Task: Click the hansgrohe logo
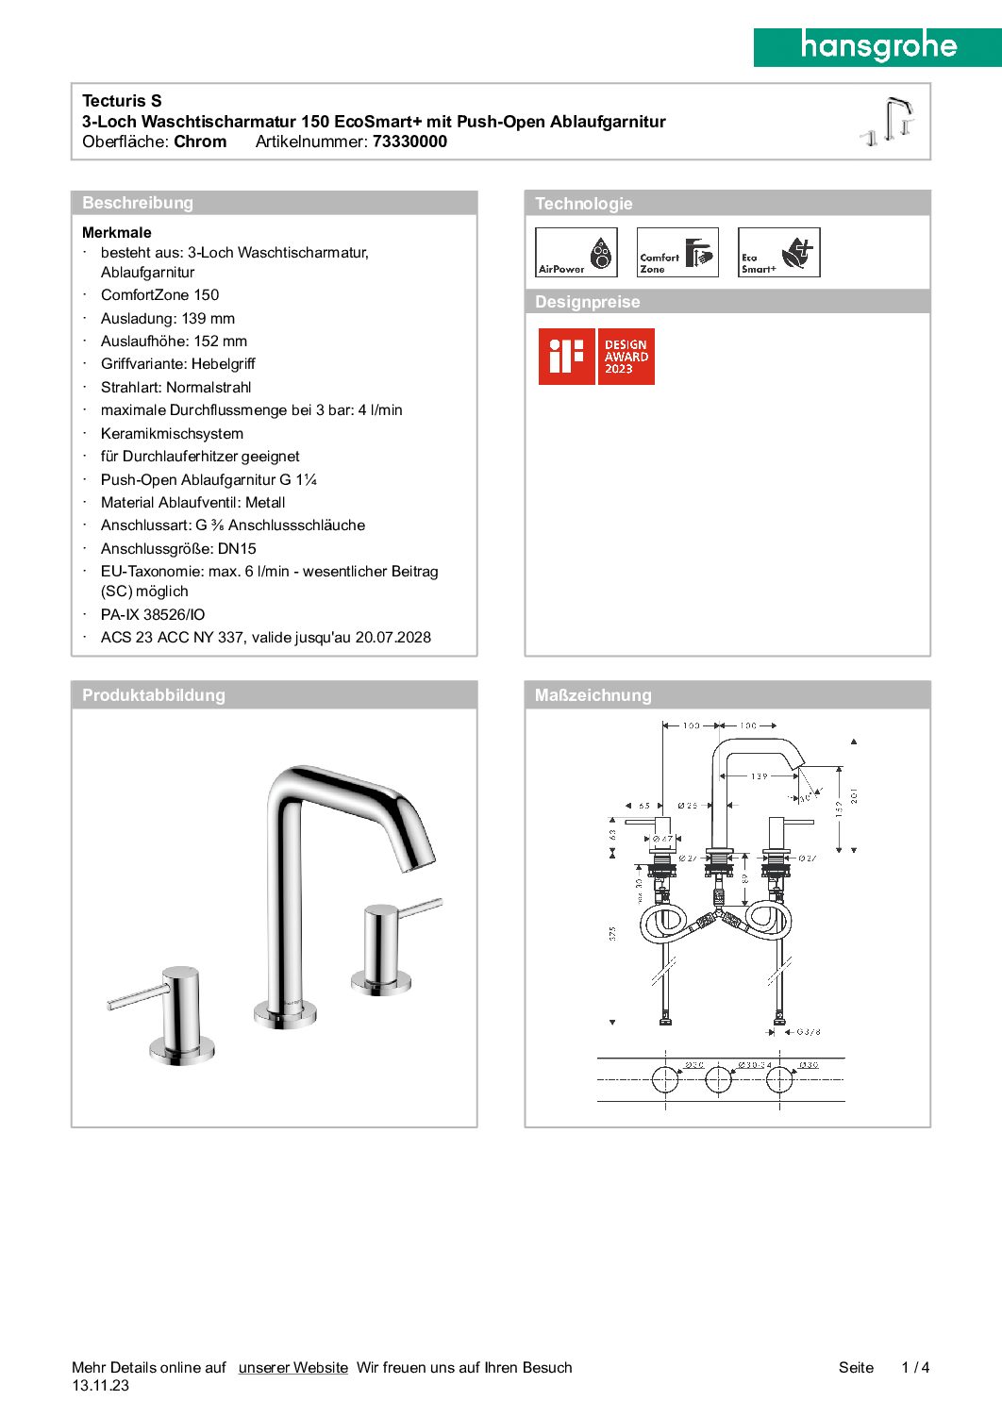coord(877,46)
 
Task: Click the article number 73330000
coord(409,142)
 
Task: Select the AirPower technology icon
coord(576,252)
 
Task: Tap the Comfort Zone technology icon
coord(677,252)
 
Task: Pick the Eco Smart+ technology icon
coord(778,252)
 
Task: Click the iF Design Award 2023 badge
coord(596,357)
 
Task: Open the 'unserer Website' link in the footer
coord(292,1367)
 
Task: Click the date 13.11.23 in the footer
coord(100,1385)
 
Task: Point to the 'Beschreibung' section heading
coord(138,203)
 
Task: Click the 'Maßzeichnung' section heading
coord(593,695)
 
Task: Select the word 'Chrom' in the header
coord(200,142)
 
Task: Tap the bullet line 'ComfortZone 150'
coord(159,294)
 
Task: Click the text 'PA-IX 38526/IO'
coord(153,614)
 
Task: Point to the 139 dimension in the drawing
coord(760,776)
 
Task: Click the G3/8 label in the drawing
coord(809,1032)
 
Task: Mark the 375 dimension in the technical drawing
coord(612,933)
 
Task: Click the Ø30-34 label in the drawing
coord(754,1065)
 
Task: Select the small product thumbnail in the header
coord(889,121)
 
